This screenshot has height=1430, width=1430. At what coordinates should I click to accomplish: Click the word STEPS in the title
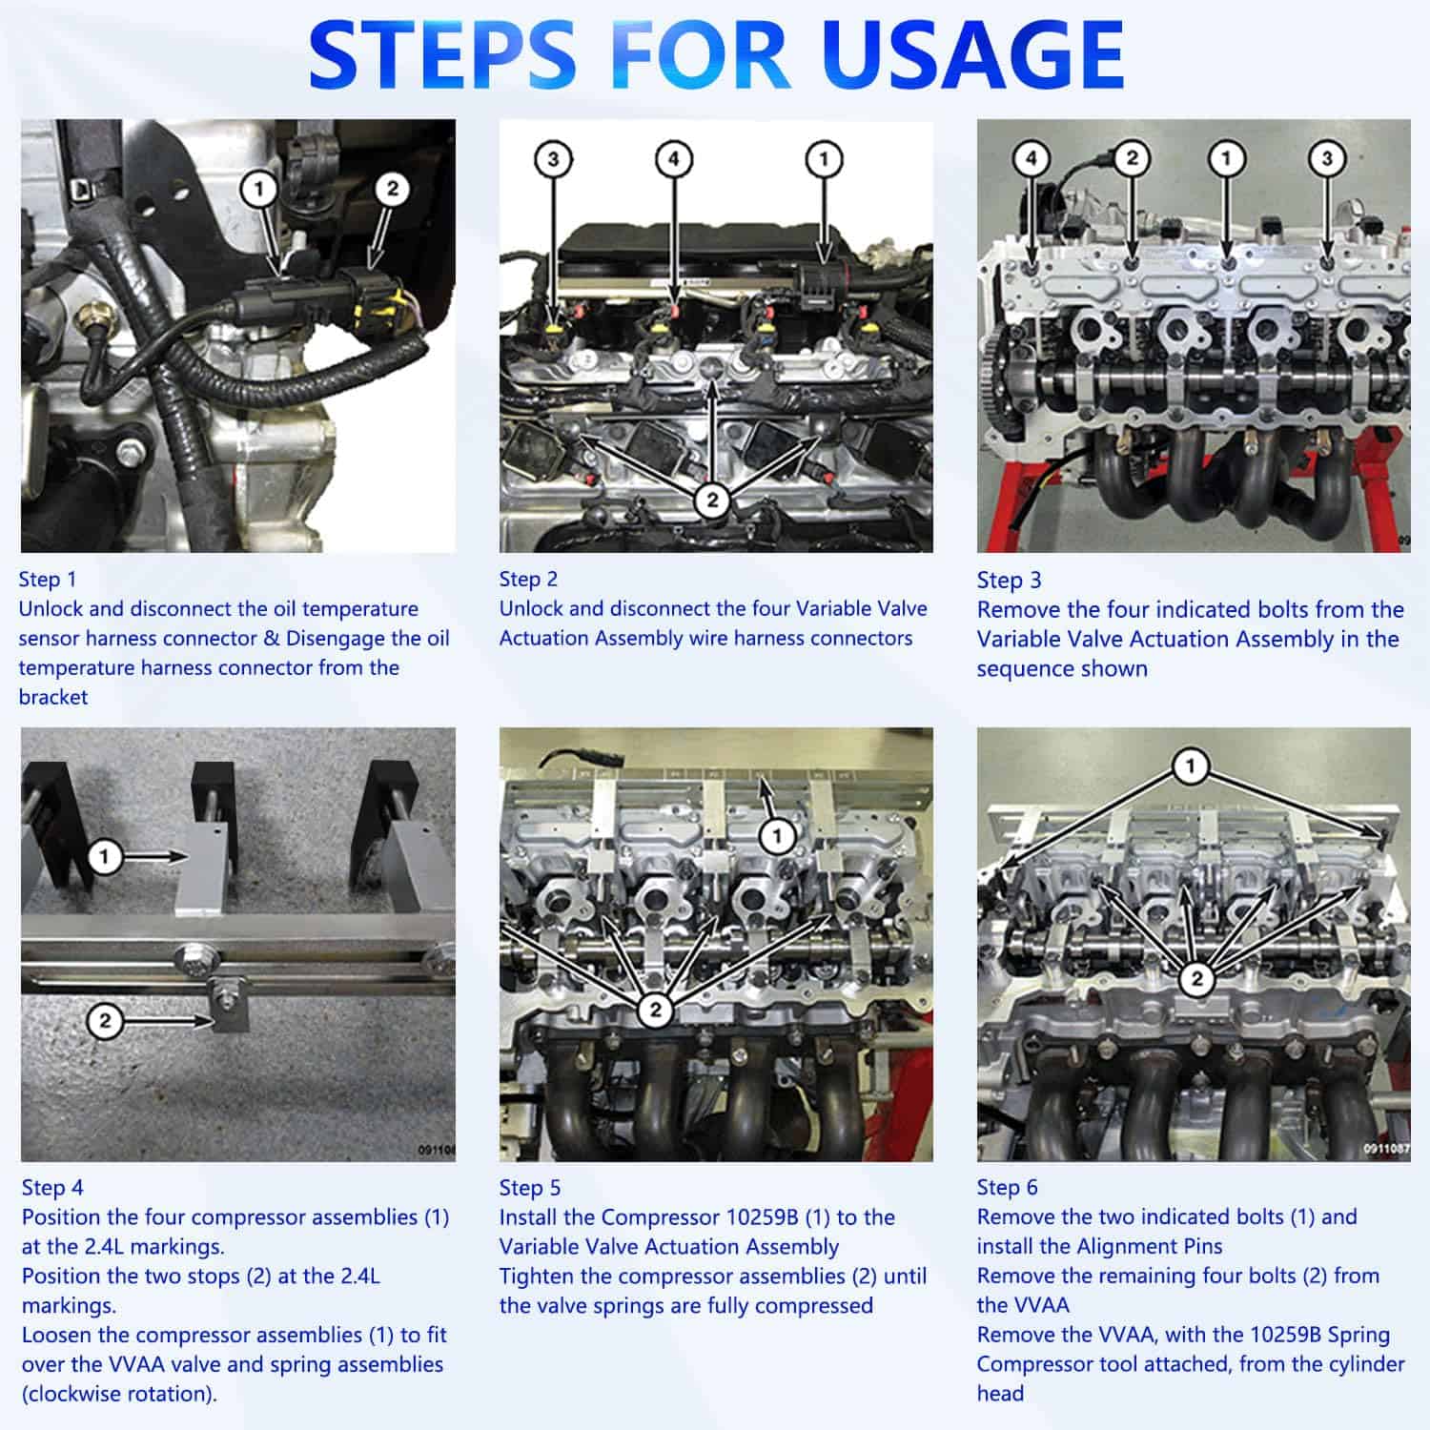(x=441, y=54)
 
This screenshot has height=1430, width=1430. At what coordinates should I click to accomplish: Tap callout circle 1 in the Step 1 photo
(x=258, y=189)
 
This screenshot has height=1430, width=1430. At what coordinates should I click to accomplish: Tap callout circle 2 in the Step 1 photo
(x=392, y=189)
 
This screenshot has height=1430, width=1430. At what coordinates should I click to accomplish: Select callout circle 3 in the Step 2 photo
(x=553, y=158)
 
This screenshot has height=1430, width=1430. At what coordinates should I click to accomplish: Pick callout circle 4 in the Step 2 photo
(x=674, y=158)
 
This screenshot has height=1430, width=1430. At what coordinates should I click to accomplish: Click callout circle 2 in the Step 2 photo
(x=711, y=500)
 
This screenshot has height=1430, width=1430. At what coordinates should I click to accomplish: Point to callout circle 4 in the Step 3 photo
(x=1031, y=158)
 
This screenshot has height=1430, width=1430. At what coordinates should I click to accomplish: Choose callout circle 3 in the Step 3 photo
(x=1327, y=158)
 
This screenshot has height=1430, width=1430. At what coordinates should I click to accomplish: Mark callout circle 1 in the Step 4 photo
(x=104, y=856)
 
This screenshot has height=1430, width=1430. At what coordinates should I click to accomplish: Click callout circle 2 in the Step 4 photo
(x=104, y=1021)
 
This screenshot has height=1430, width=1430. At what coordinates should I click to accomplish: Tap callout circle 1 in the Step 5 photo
(x=777, y=837)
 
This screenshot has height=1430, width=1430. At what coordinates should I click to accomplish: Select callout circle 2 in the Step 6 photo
(x=1196, y=978)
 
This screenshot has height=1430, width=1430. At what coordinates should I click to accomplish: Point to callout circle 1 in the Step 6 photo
(x=1189, y=766)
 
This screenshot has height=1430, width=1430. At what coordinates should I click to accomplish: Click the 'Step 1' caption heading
(x=47, y=580)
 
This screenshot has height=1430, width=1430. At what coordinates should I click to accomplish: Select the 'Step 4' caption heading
(x=52, y=1188)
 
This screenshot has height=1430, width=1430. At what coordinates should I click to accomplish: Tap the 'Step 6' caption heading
(x=1007, y=1188)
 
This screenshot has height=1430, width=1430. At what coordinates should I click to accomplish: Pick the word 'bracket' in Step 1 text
(x=53, y=697)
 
